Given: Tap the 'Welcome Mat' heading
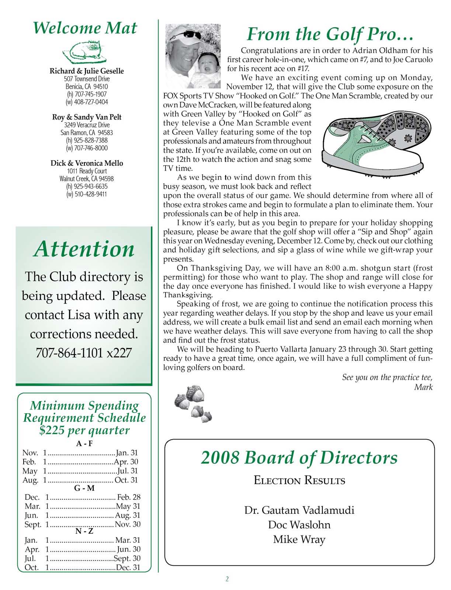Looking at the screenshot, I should click(85, 28).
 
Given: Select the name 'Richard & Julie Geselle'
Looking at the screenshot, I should click(87, 71).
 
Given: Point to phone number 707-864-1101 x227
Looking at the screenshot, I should click(84, 353).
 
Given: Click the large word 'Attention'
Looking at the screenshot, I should click(84, 249).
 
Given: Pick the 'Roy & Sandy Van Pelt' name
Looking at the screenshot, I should click(87, 117).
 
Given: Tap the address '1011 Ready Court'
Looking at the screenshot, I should click(87, 171).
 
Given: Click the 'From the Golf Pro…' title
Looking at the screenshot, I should click(330, 34).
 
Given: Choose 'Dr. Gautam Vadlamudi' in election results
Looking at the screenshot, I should click(299, 510).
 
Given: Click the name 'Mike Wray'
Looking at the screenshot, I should click(299, 539).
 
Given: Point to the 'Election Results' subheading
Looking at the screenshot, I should click(299, 480).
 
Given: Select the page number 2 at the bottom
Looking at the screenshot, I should click(227, 579).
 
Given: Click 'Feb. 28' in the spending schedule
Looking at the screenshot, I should click(129, 497).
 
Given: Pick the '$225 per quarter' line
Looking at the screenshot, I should click(84, 430).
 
